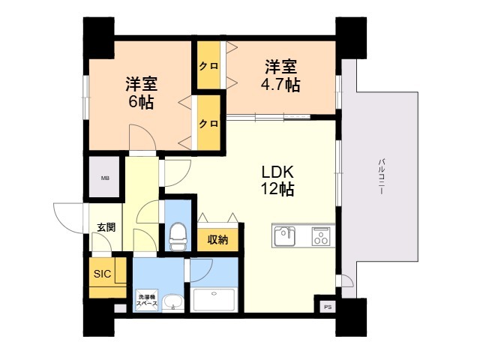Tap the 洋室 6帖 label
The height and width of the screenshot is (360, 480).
(x=140, y=92)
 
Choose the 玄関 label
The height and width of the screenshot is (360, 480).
(x=106, y=227)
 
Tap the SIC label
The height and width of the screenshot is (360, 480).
(x=102, y=274)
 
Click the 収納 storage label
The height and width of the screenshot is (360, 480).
(x=218, y=240)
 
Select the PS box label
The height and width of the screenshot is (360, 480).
(x=327, y=307)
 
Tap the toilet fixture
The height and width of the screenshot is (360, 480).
(x=178, y=237)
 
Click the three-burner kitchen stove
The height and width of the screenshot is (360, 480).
(x=320, y=237)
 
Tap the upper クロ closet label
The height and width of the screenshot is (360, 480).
(x=208, y=67)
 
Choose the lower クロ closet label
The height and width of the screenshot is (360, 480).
(x=208, y=123)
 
